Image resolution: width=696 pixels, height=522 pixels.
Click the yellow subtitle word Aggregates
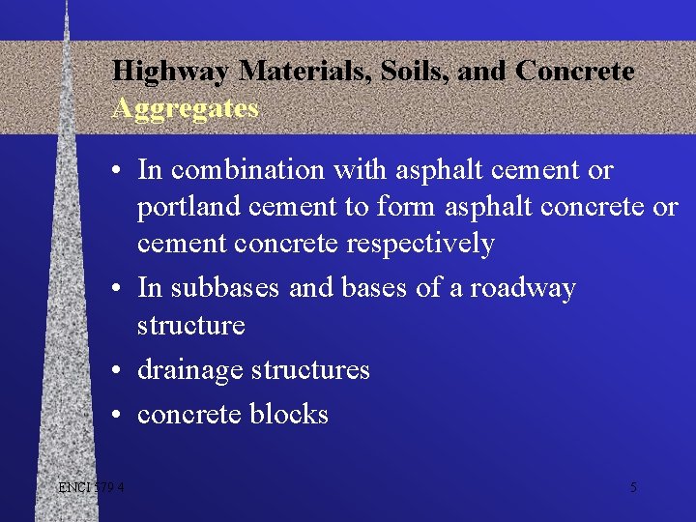(185, 108)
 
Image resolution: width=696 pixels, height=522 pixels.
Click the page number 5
(633, 487)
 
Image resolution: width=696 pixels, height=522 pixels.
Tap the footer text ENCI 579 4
(90, 487)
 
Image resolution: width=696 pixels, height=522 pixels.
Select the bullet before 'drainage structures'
(115, 371)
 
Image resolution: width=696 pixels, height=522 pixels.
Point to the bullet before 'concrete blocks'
(115, 416)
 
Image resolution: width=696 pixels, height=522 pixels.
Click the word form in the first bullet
(409, 207)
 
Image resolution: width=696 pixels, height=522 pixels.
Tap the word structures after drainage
(310, 370)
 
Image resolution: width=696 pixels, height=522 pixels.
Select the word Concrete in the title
(574, 72)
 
